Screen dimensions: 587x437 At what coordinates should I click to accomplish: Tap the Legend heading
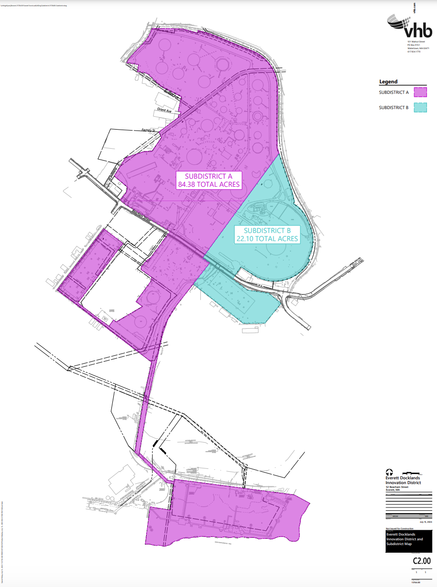click(x=388, y=81)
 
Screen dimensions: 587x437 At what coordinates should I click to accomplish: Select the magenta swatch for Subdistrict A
click(x=420, y=92)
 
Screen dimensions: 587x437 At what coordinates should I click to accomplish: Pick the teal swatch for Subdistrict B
click(x=420, y=108)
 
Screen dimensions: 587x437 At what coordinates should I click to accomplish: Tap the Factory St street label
click(x=149, y=130)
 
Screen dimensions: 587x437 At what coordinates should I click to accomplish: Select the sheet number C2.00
click(x=421, y=561)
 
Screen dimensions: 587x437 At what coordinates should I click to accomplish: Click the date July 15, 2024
click(x=426, y=522)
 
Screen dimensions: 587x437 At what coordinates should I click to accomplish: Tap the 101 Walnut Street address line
click(x=416, y=42)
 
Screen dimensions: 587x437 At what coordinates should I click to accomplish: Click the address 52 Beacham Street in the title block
click(x=397, y=487)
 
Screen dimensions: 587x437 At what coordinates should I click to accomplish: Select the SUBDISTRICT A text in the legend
click(x=394, y=92)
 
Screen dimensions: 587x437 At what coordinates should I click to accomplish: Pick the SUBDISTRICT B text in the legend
click(x=394, y=108)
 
